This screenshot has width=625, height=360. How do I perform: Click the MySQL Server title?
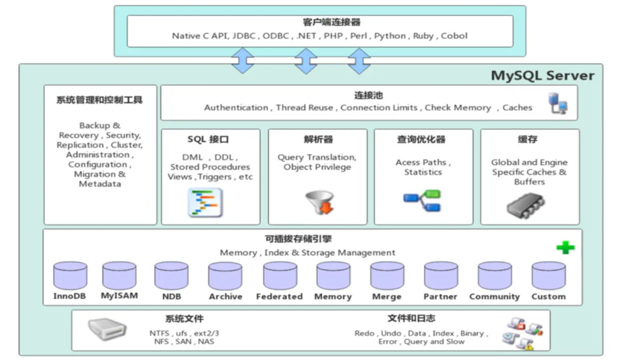(x=542, y=76)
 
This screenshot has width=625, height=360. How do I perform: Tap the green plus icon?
(x=565, y=248)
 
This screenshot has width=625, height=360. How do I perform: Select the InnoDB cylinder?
(x=70, y=275)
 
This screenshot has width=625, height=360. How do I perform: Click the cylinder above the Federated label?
(x=280, y=275)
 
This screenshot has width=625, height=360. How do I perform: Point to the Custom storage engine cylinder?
(x=549, y=275)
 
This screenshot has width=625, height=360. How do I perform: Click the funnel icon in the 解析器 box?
(x=320, y=202)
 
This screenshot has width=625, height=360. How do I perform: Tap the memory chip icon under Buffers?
(x=525, y=206)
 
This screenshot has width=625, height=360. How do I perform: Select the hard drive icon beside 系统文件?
(x=107, y=329)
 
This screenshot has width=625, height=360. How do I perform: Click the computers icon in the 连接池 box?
(x=558, y=103)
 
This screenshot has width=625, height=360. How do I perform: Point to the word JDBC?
(x=244, y=36)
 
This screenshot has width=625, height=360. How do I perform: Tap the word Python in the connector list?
(x=390, y=36)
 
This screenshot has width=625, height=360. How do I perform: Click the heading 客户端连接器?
(x=332, y=22)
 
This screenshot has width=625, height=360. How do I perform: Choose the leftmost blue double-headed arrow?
(x=242, y=60)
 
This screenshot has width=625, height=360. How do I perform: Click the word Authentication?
(x=236, y=108)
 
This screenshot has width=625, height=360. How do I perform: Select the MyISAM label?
(x=119, y=296)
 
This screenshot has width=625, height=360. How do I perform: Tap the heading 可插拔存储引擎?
(x=298, y=239)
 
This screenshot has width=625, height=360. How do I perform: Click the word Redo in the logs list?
(x=364, y=333)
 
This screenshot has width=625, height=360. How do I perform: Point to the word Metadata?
(x=100, y=184)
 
